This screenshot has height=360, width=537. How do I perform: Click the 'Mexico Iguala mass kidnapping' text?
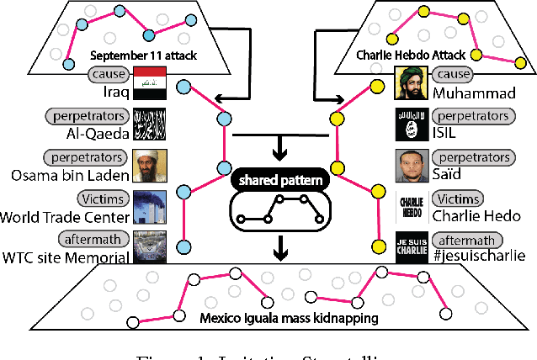pyautogui.click(x=268, y=318)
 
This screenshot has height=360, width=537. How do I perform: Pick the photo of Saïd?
pyautogui.click(x=411, y=164)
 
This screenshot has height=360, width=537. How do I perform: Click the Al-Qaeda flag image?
pyautogui.click(x=151, y=124)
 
